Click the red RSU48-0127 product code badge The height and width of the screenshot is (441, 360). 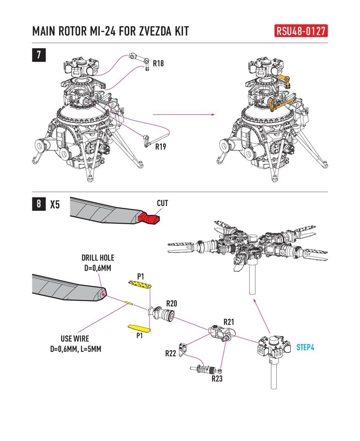click(x=301, y=31)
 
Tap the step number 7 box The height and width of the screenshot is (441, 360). click(x=39, y=55)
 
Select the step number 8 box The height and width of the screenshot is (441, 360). click(x=39, y=204)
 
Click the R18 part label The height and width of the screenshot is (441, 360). click(x=158, y=64)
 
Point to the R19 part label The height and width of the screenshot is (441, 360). click(x=160, y=146)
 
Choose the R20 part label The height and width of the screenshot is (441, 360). click(x=171, y=303)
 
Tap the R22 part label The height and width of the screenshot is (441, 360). click(x=171, y=353)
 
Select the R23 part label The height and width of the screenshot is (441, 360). click(x=217, y=378)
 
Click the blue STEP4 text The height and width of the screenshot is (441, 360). click(x=305, y=348)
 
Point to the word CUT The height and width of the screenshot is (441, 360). click(x=163, y=203)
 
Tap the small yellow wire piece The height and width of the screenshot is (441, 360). click(x=129, y=303)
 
